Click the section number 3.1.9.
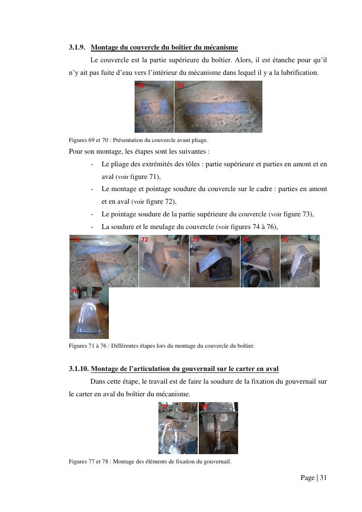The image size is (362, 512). (x=77, y=47)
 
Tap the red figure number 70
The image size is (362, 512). (x=180, y=85)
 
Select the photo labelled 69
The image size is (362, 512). (x=154, y=106)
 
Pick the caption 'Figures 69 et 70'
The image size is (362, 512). (x=88, y=140)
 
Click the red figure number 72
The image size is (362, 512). (x=144, y=240)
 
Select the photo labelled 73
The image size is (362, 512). (x=215, y=261)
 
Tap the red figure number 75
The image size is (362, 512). (x=285, y=240)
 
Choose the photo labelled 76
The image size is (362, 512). (x=89, y=313)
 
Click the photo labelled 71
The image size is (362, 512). (x=104, y=261)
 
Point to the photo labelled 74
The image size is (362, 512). (x=260, y=261)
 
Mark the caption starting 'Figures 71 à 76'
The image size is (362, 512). (x=162, y=346)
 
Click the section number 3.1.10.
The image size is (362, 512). (x=79, y=369)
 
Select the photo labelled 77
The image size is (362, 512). (x=178, y=428)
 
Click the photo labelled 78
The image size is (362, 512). (x=218, y=428)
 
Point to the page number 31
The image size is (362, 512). (x=323, y=477)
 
